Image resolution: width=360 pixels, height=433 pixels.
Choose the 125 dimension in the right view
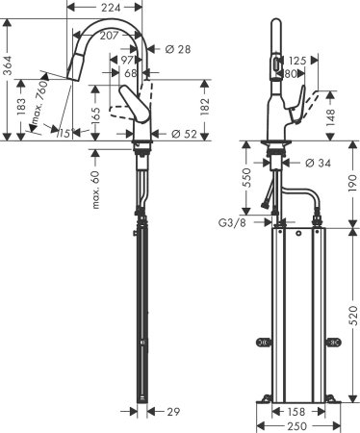pyautogui.click(x=297, y=60)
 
